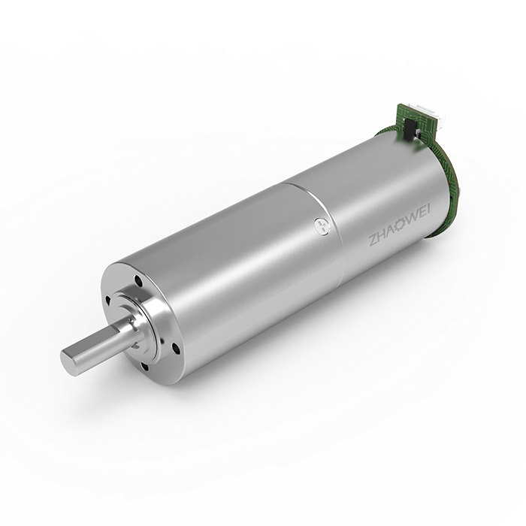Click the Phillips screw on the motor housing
[x=321, y=225]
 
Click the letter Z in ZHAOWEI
[x=373, y=241]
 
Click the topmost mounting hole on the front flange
[x=138, y=279]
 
